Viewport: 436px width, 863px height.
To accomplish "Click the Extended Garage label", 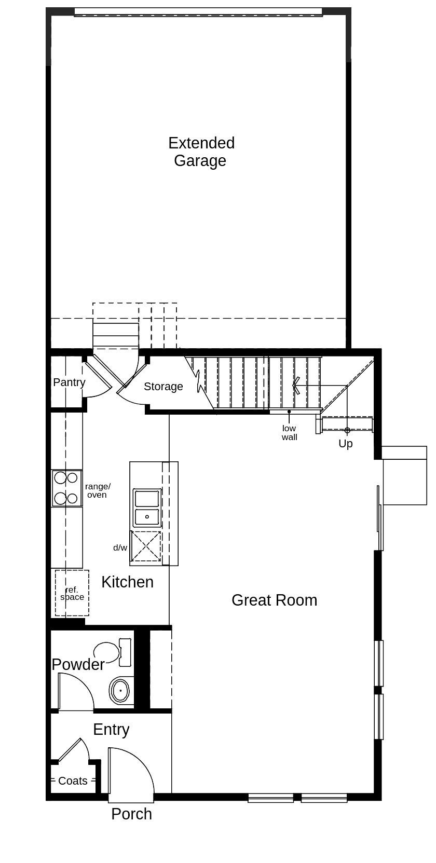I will tap(201, 152).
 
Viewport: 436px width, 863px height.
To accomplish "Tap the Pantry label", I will tap(69, 382).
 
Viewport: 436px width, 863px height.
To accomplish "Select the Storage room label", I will tap(163, 387).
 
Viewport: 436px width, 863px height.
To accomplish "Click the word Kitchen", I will tap(127, 582).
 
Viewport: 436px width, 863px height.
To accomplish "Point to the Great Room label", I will tap(274, 600).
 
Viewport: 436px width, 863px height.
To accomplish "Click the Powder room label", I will tap(78, 665).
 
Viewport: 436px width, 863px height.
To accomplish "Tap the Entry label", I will tap(111, 730).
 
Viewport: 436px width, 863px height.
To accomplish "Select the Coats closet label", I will tap(73, 781).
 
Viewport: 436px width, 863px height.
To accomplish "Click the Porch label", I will tap(131, 814).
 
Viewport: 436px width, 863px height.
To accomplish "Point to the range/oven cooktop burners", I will tap(66, 488).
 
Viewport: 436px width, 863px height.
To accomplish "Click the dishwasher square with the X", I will tap(145, 546).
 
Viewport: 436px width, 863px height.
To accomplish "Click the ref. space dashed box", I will tap(72, 593).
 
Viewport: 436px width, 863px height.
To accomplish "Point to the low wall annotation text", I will tap(289, 433).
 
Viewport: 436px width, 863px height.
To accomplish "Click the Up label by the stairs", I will tap(345, 444).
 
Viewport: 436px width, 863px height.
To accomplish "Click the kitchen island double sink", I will tap(147, 508).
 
